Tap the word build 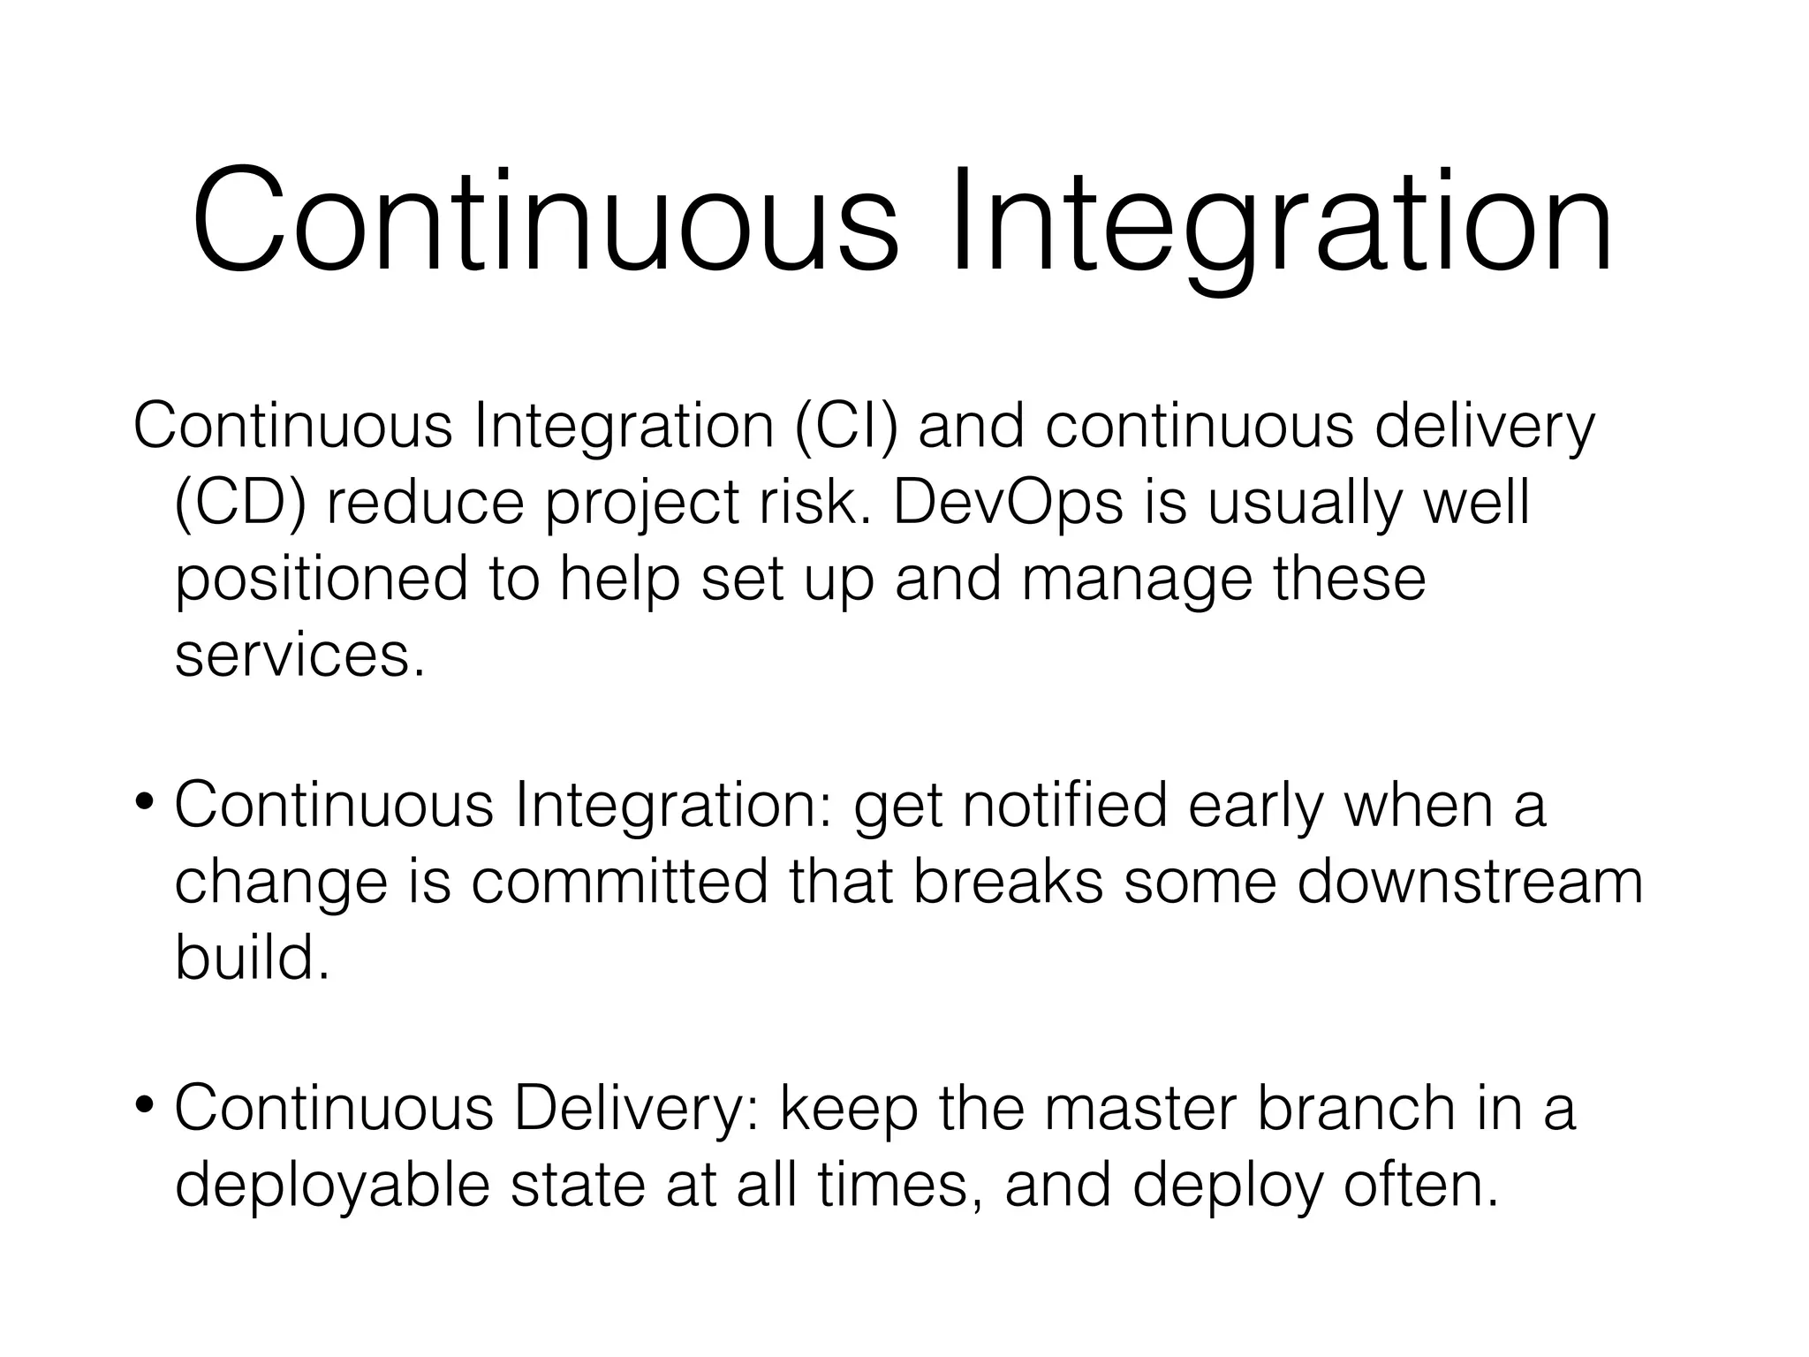click(x=251, y=958)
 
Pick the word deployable click(x=331, y=1186)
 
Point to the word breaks click(x=1008, y=882)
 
